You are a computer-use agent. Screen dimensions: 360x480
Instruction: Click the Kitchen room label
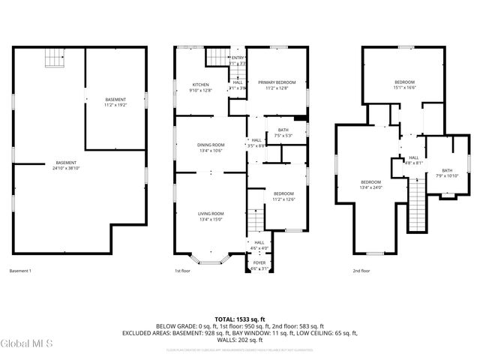click(200, 87)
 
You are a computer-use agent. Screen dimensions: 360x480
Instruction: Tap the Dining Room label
click(211, 148)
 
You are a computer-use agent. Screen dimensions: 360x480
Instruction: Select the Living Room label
click(211, 217)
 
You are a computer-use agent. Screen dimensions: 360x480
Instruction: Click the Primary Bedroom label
click(277, 85)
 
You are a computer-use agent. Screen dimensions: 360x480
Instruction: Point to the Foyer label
click(259, 265)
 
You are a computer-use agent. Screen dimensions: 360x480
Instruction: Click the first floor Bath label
click(283, 133)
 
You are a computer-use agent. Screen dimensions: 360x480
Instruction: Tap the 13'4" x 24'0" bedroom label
click(370, 184)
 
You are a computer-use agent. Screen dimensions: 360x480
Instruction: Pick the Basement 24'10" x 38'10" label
click(65, 166)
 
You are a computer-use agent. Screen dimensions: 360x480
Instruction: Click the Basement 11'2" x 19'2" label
click(115, 103)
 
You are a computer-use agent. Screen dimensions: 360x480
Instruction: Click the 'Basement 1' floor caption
click(20, 271)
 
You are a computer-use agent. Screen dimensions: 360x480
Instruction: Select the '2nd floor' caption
click(361, 271)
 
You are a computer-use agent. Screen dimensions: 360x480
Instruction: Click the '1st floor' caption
click(183, 271)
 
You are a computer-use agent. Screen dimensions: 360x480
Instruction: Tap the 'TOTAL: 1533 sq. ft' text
click(239, 318)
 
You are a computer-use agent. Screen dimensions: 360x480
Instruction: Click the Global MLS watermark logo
click(27, 343)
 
